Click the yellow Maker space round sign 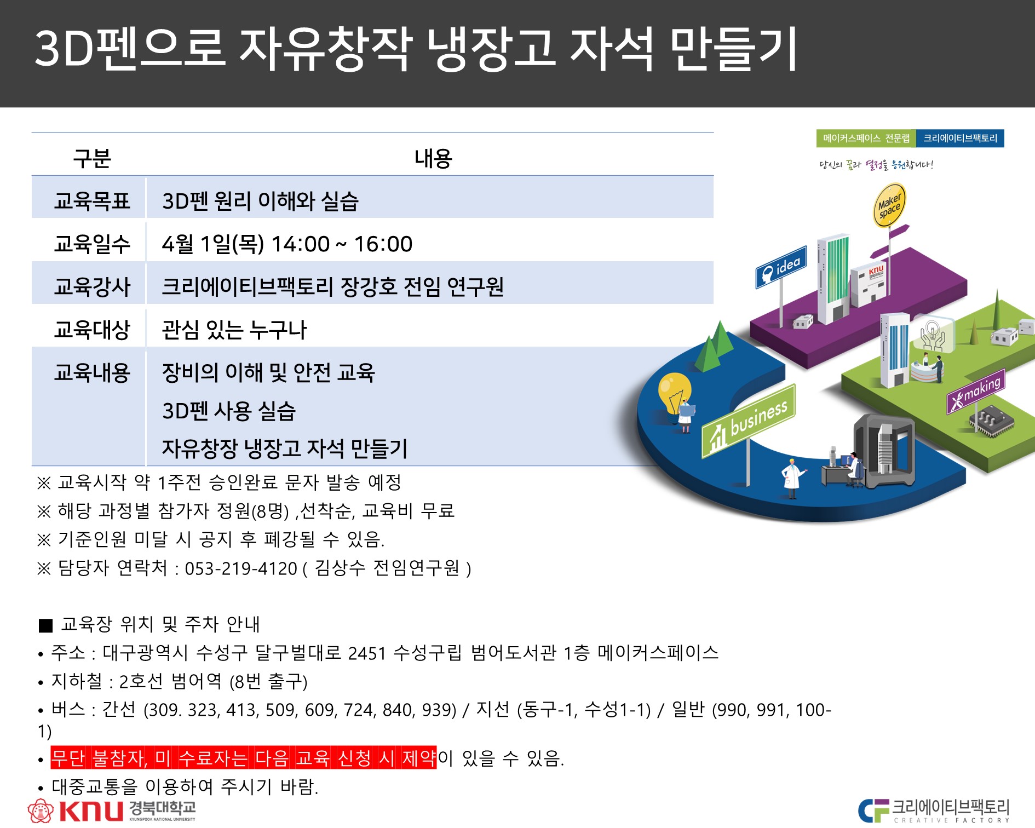889,205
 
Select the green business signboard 748,421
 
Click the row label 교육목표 92,201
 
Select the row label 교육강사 92,286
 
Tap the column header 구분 92,158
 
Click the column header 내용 433,158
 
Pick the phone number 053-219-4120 241,568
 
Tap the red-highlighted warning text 244,757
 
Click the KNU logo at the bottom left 112,810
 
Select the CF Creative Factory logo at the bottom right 934,810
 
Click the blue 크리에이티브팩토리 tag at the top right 960,139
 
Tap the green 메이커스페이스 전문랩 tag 866,139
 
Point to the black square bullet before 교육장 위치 46,625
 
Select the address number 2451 367,653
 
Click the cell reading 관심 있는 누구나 234,329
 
